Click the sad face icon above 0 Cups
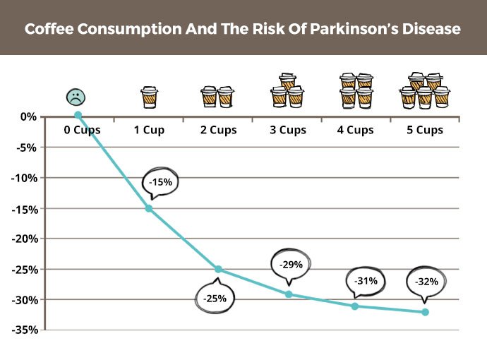tap(74, 97)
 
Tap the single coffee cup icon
tap(149, 97)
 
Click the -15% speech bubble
tap(160, 181)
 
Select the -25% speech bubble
tap(215, 298)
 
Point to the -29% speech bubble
tap(291, 265)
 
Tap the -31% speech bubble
tap(366, 280)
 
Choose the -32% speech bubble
tap(426, 281)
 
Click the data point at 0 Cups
tap(78, 115)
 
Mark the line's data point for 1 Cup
tap(149, 208)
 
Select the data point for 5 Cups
tap(425, 312)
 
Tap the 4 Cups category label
tap(355, 130)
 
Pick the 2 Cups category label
tap(217, 130)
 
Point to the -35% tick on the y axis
tap(25, 330)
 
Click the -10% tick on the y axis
tap(25, 177)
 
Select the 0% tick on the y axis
tap(29, 116)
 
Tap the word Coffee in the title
tap(49, 30)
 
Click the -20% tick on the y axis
tap(25, 238)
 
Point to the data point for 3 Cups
tap(288, 294)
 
